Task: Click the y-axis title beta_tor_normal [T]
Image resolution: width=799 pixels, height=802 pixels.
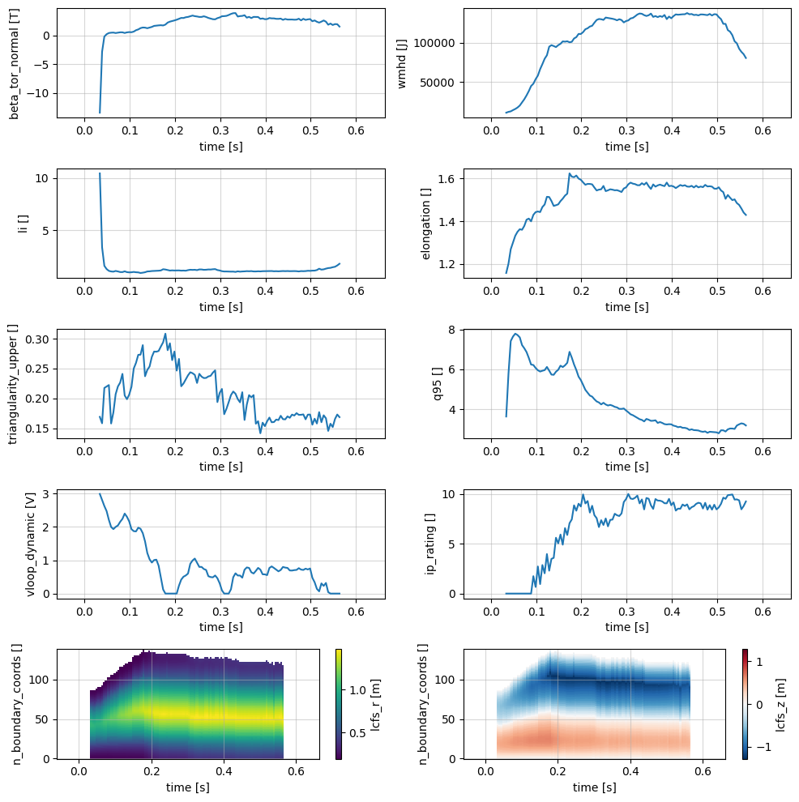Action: tap(15, 63)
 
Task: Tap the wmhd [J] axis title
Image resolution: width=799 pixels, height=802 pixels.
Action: tap(402, 63)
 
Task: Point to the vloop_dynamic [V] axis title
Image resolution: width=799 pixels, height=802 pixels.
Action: tap(31, 544)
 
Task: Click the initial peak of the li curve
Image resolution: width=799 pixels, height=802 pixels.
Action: tap(100, 173)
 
